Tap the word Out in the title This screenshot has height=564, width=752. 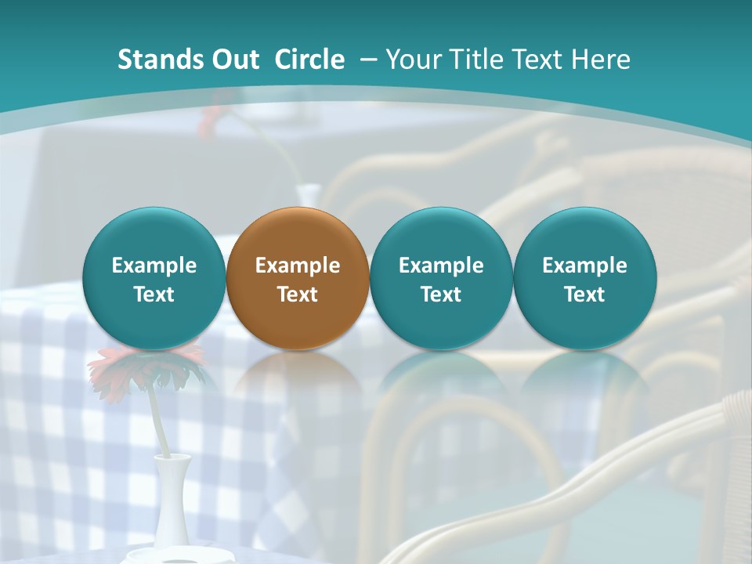click(235, 60)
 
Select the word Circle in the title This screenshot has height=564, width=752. click(309, 60)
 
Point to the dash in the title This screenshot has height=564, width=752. click(367, 60)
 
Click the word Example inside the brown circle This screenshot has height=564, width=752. click(298, 266)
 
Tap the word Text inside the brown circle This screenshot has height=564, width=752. click(298, 295)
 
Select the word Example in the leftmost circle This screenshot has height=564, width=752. click(154, 266)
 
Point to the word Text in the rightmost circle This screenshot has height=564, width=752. click(585, 295)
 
